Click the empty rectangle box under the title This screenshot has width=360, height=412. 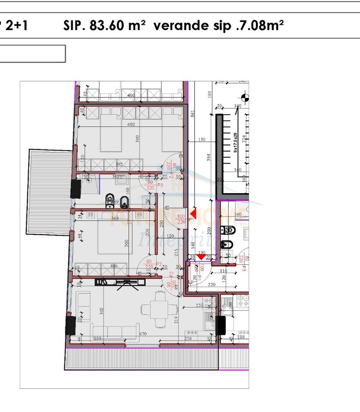32,54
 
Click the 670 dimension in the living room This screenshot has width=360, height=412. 142,334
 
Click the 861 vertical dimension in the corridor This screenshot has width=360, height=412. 193,114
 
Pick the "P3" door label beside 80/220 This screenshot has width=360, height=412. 160,185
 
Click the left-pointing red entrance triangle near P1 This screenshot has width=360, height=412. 194,213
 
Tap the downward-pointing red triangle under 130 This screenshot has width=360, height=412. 200,257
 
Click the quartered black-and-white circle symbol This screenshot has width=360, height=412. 245,97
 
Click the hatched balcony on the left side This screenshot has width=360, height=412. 49,191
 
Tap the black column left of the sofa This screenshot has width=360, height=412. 71,325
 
